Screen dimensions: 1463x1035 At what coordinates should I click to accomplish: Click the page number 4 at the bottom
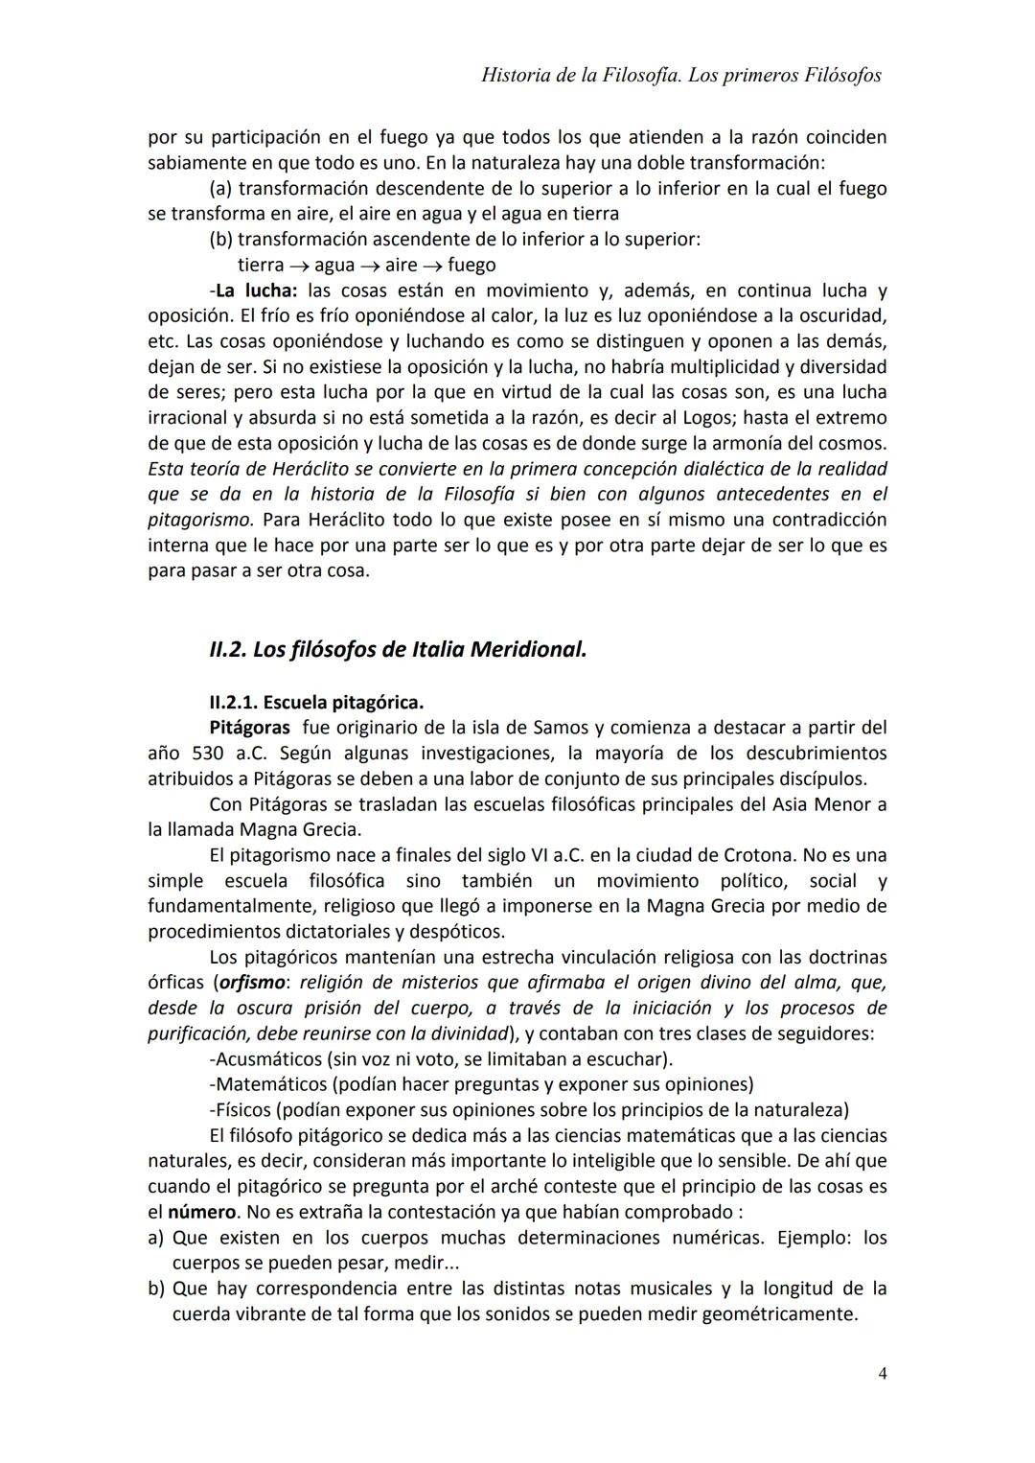882,1374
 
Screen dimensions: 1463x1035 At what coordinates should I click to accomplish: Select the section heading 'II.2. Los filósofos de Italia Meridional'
397,649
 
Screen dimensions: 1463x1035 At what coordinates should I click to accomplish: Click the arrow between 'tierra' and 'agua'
299,266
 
